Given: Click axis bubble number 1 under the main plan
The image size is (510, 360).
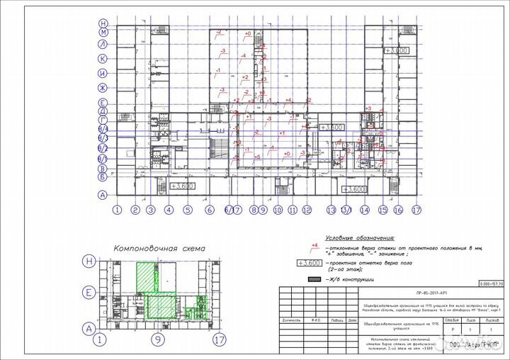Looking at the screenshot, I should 117,210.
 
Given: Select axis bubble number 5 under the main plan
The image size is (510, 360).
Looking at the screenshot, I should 188,210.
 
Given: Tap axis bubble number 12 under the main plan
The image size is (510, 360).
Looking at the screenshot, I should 306,210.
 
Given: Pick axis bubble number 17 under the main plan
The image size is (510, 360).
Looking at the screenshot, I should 416,210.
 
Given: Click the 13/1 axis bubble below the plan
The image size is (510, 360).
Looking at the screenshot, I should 346,210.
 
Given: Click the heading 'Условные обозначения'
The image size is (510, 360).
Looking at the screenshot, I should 358,239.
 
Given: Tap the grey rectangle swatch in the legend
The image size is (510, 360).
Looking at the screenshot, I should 312,280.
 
